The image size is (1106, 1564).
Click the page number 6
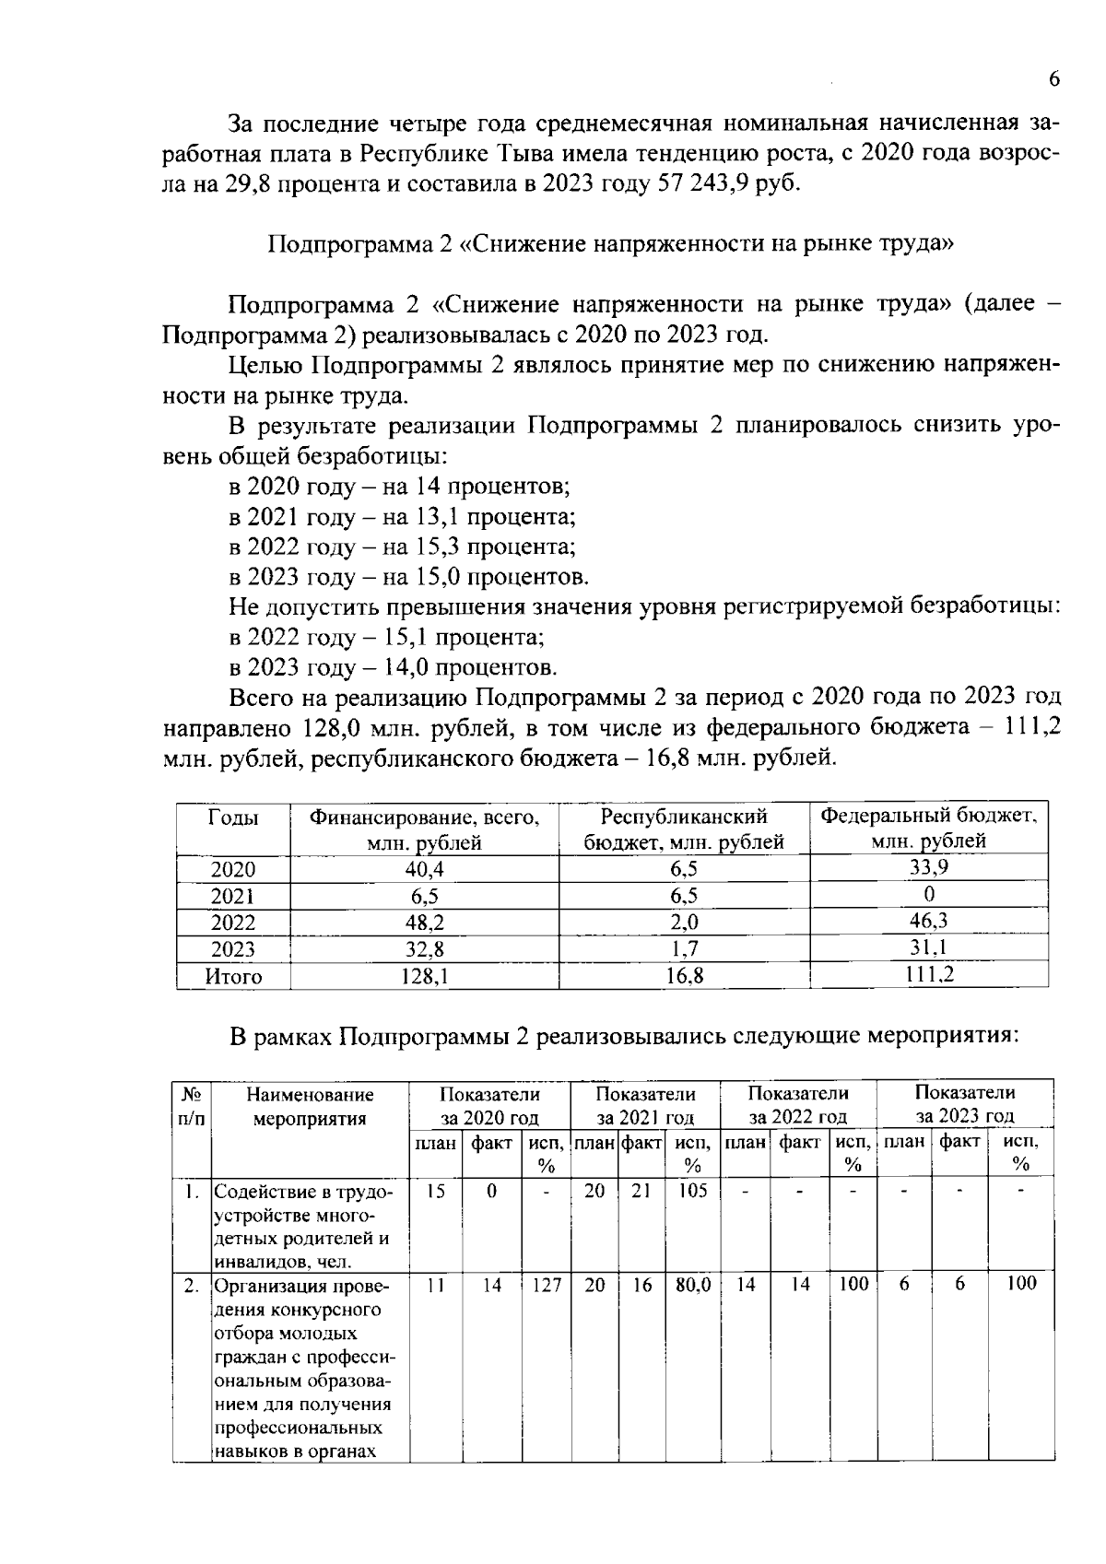click(x=1053, y=79)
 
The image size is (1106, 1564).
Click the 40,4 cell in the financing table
click(x=424, y=869)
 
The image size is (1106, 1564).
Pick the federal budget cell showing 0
click(x=929, y=894)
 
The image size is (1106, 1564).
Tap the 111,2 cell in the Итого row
click(x=929, y=974)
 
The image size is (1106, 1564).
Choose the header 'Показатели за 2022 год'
click(x=797, y=1104)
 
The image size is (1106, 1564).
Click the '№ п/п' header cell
click(x=192, y=1106)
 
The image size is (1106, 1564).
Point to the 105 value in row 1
click(x=692, y=1191)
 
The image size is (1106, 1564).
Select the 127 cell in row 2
click(x=547, y=1284)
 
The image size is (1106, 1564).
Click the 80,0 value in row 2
click(x=692, y=1284)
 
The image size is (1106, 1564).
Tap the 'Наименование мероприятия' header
click(x=310, y=1106)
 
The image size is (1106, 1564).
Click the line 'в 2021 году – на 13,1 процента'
click(x=402, y=516)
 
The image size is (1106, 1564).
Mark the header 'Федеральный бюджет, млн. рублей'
click(x=929, y=828)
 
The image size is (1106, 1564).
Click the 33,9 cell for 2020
click(x=929, y=866)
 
